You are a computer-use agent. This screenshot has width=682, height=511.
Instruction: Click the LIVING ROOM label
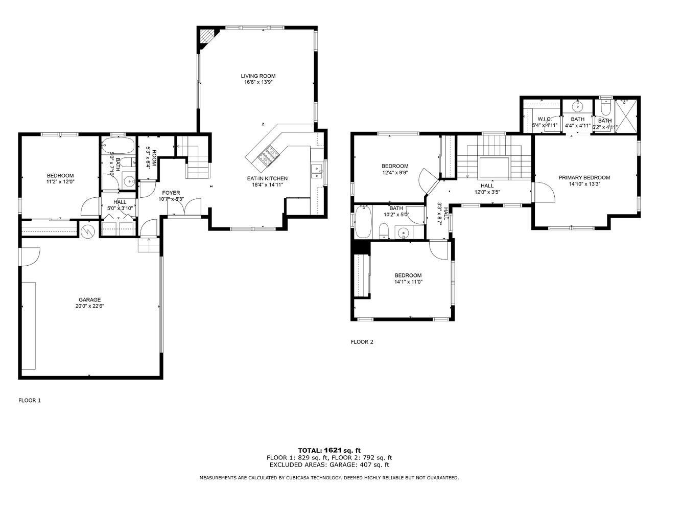(x=258, y=76)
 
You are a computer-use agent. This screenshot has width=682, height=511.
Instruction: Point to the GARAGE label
(x=89, y=300)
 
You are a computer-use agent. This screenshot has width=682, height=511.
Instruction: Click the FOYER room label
(x=171, y=193)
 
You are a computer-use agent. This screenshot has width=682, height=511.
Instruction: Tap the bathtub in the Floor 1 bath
(x=118, y=146)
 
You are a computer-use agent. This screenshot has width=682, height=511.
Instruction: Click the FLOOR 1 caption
(x=30, y=400)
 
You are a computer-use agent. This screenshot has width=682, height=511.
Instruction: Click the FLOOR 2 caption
(x=362, y=342)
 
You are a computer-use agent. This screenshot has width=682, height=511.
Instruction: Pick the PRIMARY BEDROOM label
(x=584, y=178)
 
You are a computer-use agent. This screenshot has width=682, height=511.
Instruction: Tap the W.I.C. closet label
(x=544, y=119)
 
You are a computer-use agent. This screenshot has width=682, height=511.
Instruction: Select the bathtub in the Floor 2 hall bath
(x=363, y=222)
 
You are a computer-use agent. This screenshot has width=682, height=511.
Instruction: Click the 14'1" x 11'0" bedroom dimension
(x=408, y=282)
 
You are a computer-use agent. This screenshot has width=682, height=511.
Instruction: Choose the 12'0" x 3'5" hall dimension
(x=487, y=192)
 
